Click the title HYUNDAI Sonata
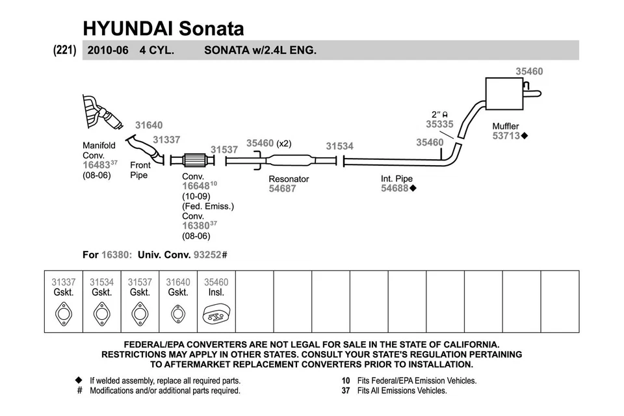click(163, 28)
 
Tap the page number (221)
click(65, 50)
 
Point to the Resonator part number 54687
click(282, 188)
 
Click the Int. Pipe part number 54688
click(394, 188)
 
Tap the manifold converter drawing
click(101, 115)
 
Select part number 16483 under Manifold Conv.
click(96, 166)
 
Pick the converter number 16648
click(195, 186)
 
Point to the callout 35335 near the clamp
click(439, 123)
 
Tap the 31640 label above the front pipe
click(149, 125)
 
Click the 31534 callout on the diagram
click(339, 146)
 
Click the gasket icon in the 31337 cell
click(64, 315)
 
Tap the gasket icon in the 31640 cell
click(177, 315)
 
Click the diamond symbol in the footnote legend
click(79, 380)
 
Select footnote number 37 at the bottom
click(346, 391)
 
